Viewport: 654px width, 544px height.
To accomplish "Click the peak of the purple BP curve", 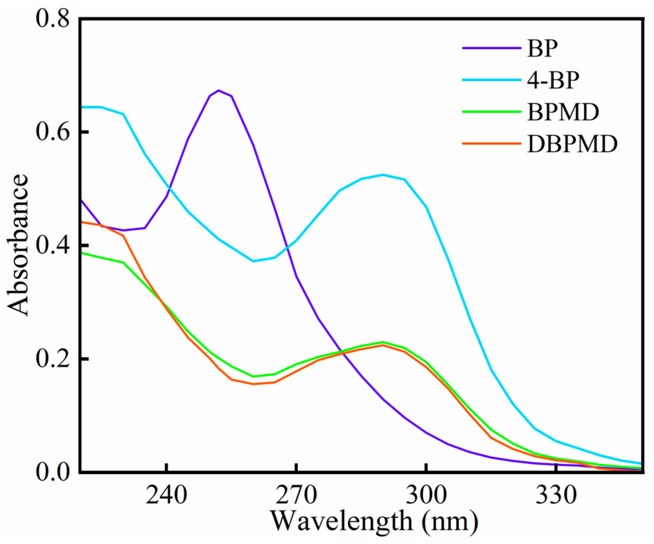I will [x=219, y=90].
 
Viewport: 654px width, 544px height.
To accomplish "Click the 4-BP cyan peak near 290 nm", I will [x=383, y=175].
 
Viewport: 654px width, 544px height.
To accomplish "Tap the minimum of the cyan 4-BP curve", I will [x=253, y=261].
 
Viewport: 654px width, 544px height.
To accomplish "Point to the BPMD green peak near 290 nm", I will [x=383, y=342].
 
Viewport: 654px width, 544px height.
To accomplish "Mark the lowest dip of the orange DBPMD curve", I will [x=253, y=384].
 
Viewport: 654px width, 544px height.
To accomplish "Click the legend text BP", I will [x=542, y=49].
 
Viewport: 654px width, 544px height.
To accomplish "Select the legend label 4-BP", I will [x=553, y=80].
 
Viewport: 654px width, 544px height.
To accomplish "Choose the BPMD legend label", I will [x=563, y=112].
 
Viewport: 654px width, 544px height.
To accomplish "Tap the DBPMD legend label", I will [x=572, y=144].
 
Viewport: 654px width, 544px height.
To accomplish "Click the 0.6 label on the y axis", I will [x=52, y=132].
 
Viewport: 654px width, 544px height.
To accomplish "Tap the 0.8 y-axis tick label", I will [x=52, y=19].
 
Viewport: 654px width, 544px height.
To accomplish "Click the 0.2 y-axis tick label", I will [x=52, y=359].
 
